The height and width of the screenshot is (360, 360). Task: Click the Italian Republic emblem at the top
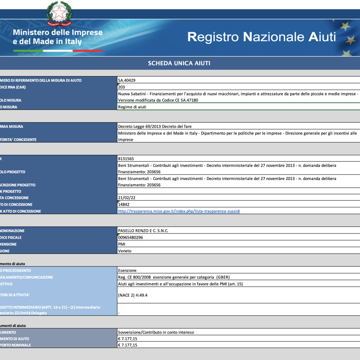point(59,14)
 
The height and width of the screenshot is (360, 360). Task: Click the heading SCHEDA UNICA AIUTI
point(179,63)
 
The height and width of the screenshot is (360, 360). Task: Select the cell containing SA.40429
point(127,80)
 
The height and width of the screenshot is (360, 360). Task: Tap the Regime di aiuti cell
point(132,107)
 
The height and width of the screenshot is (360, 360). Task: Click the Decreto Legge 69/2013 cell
point(155,126)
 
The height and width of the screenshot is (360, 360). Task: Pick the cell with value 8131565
point(126,159)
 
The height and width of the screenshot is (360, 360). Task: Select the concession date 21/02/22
point(126,198)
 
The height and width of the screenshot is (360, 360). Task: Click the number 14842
point(124,204)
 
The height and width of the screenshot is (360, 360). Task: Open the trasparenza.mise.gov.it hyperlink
point(179,211)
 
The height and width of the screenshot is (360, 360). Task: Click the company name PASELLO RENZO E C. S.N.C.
point(146,231)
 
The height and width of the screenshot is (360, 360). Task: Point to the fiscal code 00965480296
point(130,237)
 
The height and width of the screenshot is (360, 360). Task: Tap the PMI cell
point(122,244)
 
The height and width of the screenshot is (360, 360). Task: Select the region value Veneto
point(124,251)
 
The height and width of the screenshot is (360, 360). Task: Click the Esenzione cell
point(127,270)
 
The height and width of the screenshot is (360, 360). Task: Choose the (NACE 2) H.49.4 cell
point(133,295)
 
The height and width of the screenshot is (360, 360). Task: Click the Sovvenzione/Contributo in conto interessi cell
point(156,332)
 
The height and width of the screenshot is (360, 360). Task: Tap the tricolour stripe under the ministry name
point(58,51)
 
